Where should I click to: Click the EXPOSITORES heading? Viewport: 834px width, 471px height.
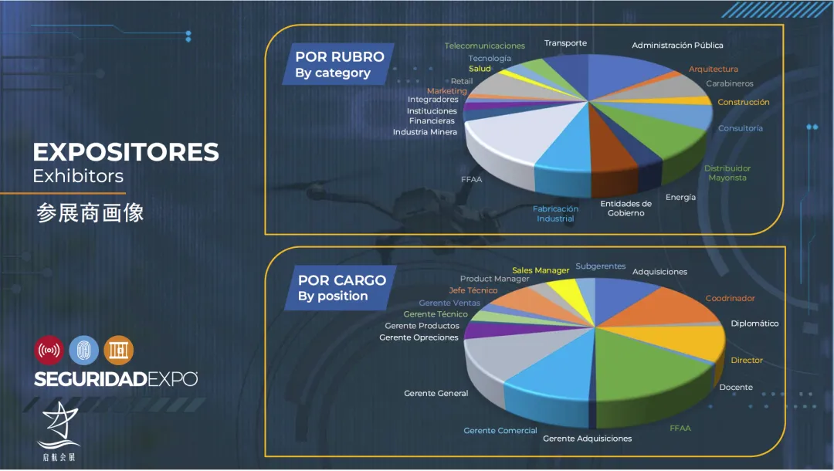[126, 152]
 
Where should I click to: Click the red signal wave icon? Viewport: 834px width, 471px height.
[49, 350]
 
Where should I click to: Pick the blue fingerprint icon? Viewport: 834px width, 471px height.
[83, 350]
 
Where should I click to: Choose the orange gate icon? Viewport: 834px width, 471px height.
[118, 350]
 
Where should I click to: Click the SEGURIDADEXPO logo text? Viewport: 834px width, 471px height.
[115, 379]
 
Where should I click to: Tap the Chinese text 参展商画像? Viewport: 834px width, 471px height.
[90, 213]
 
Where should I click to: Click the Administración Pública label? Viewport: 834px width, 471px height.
[677, 46]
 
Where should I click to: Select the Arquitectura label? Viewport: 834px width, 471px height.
[714, 69]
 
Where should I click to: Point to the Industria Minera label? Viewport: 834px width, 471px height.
[425, 132]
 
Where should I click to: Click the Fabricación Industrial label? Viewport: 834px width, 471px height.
[555, 214]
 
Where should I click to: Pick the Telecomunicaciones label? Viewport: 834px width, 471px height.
[484, 46]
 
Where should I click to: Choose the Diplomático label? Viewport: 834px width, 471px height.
[754, 324]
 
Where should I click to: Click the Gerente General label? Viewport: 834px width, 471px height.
[436, 393]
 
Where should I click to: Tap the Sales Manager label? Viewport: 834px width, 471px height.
[541, 270]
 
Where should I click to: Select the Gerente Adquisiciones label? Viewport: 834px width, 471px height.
[587, 439]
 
